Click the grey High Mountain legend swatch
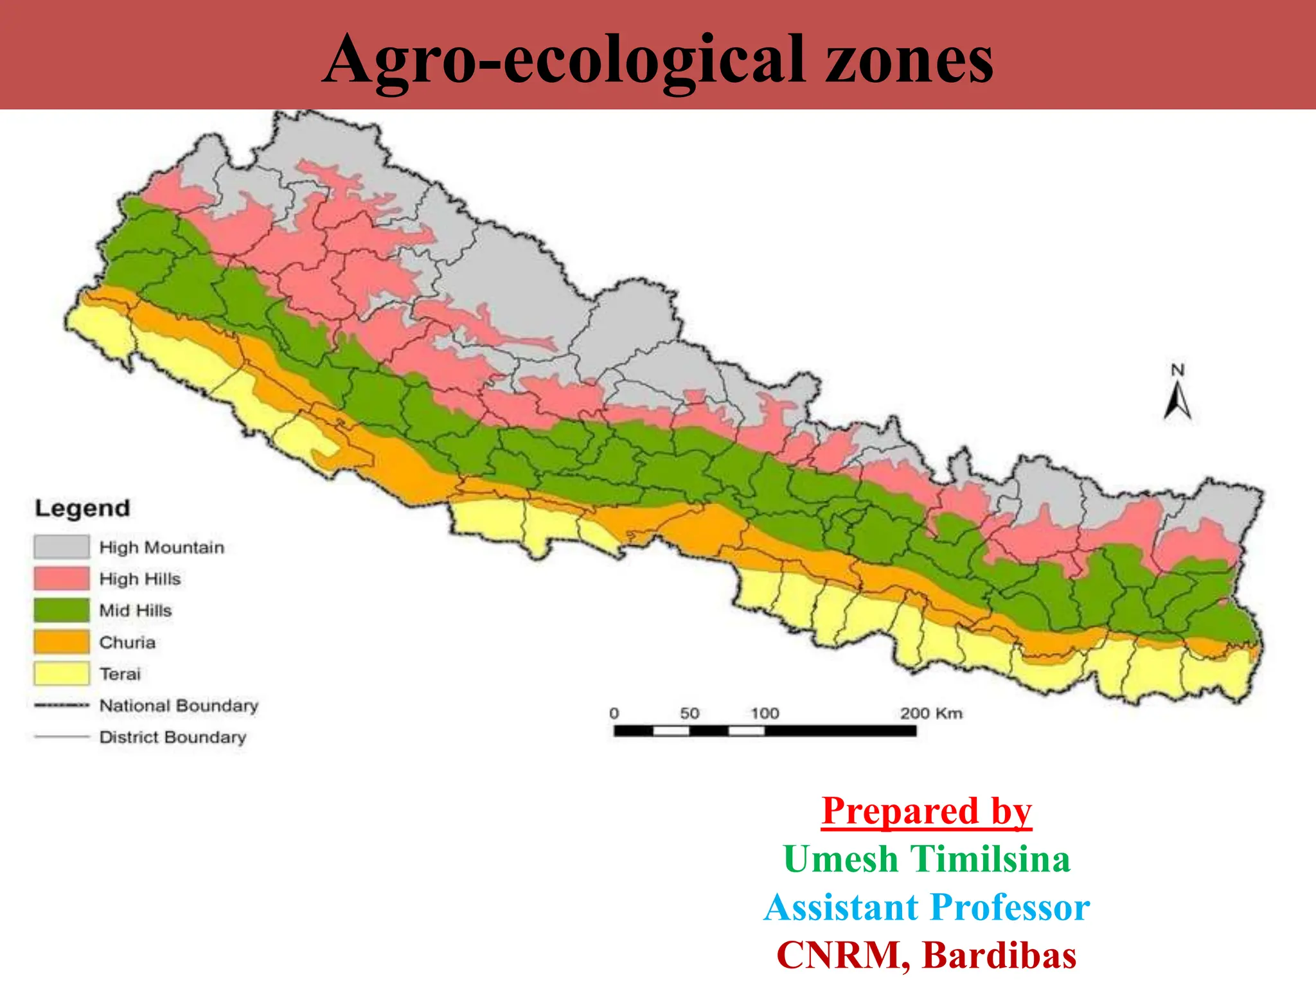[x=62, y=547]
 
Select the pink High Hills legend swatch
[x=62, y=578]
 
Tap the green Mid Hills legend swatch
[x=62, y=610]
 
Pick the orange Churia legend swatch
[x=62, y=642]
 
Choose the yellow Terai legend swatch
[x=62, y=673]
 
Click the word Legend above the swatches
[x=82, y=508]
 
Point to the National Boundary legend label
[x=179, y=706]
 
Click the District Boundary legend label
[x=173, y=737]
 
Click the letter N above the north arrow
[x=1177, y=370]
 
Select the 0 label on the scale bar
[x=614, y=713]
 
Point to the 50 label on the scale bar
[x=689, y=713]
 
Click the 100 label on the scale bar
[x=765, y=713]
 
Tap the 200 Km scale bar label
[x=931, y=713]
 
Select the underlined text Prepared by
[x=927, y=811]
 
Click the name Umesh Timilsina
[x=927, y=859]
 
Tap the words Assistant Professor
[x=927, y=907]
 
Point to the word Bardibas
[x=999, y=955]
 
